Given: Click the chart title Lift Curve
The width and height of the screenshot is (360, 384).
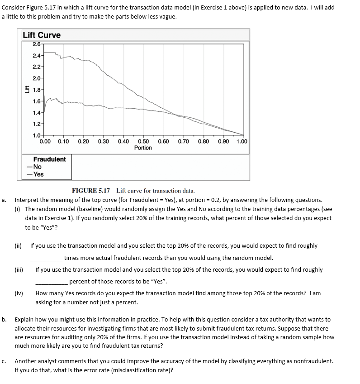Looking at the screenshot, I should (42, 35).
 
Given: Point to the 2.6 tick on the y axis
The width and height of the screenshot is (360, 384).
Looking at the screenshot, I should (38, 44).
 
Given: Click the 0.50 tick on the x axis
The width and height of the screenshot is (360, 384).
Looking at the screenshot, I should (143, 141).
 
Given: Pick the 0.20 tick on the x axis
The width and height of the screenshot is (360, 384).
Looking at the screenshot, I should (83, 141).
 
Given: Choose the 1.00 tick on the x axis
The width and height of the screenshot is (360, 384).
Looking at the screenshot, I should (242, 141).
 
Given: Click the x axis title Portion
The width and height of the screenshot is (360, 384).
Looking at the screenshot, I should (143, 148).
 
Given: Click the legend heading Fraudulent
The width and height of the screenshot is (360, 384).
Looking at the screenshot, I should (49, 159).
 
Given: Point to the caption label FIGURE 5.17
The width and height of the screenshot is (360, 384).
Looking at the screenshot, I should (92, 191).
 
